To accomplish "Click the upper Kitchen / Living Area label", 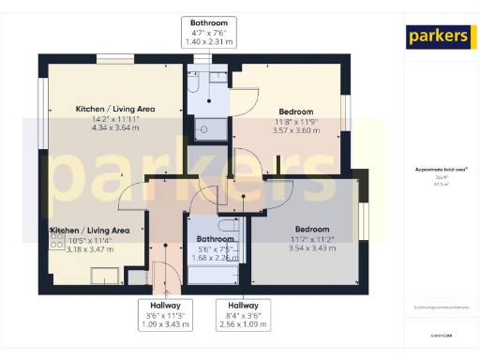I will (115, 109).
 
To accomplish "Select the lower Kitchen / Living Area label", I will (90, 230).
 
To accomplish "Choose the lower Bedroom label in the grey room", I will (312, 230).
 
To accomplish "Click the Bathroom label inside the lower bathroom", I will (215, 239).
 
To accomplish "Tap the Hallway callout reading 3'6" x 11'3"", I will (165, 315).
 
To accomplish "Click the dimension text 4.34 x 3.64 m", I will (115, 127).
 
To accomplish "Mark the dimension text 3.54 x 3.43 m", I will (312, 248).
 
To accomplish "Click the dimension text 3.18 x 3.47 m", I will (90, 249).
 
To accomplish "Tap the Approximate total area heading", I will (441, 170).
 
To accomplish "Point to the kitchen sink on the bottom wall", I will (106, 275).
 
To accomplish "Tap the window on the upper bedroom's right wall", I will (344, 113).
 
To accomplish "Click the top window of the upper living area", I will (109, 58).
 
